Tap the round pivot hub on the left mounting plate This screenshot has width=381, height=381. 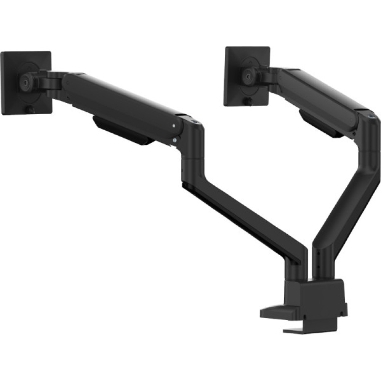coord(26,81)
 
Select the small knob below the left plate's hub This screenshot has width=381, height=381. coord(30,110)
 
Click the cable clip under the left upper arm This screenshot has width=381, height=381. coord(122,131)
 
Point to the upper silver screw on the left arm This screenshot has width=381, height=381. coord(173,126)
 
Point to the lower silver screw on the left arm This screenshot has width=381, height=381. coord(174,140)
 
